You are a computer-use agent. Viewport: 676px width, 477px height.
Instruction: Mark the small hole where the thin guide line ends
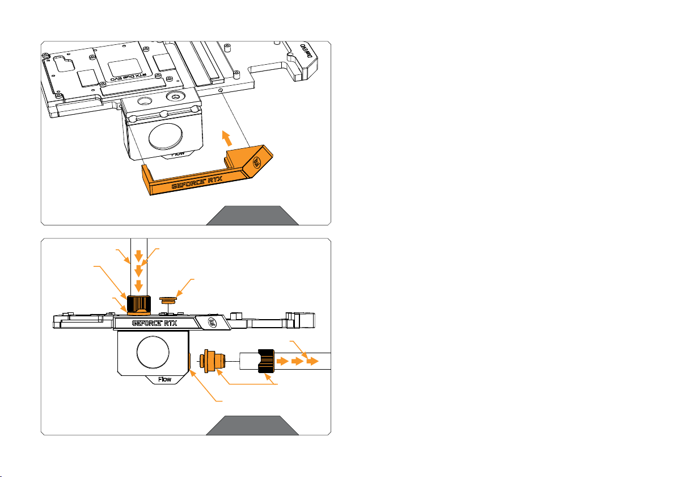[220, 90]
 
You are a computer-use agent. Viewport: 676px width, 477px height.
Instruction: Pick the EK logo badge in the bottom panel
[212, 324]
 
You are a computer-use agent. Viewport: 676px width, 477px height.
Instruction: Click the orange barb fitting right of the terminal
[213, 361]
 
